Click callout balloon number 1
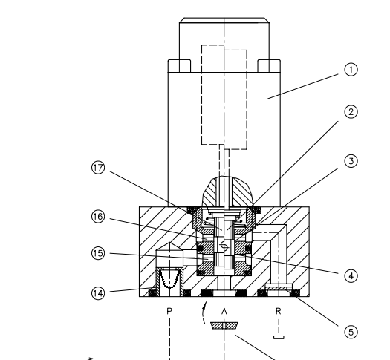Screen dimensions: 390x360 tap(351, 70)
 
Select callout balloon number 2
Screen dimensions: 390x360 tap(351, 112)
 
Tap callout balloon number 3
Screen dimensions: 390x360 tap(351, 161)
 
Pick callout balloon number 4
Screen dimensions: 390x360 tap(351, 276)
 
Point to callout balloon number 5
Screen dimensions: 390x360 tap(351, 332)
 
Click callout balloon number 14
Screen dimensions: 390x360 tap(98, 293)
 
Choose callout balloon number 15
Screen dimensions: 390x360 tap(98, 253)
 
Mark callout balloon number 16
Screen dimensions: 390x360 tap(98, 217)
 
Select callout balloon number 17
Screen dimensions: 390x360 tap(98, 168)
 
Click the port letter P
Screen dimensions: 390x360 tap(169, 311)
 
